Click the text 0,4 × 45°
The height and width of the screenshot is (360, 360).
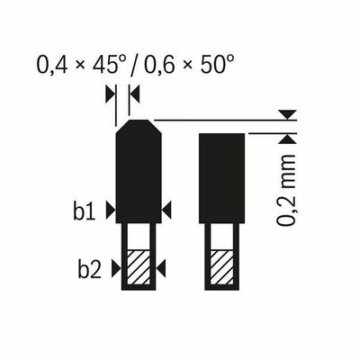pyautogui.click(x=83, y=65)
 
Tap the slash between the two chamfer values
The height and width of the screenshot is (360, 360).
pyautogui.click(x=136, y=65)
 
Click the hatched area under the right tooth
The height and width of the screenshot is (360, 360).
pyautogui.click(x=221, y=267)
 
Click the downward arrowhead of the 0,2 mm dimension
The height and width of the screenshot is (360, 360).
pyautogui.click(x=286, y=114)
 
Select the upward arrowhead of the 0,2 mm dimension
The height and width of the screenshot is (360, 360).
pyautogui.click(x=286, y=138)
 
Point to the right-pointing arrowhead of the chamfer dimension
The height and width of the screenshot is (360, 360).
pyautogui.click(x=110, y=93)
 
